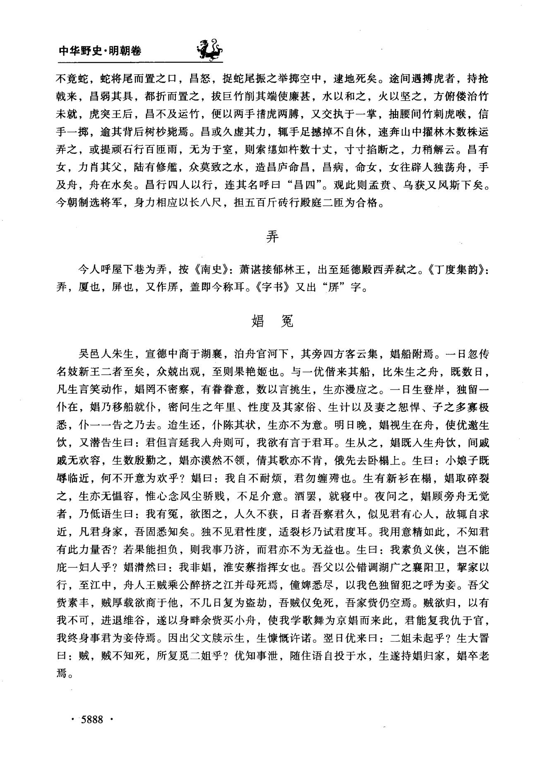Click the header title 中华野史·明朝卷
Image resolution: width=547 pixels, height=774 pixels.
point(100,50)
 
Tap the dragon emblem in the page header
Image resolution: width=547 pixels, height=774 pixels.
point(209,49)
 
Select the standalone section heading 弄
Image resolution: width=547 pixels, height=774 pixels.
point(272,237)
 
